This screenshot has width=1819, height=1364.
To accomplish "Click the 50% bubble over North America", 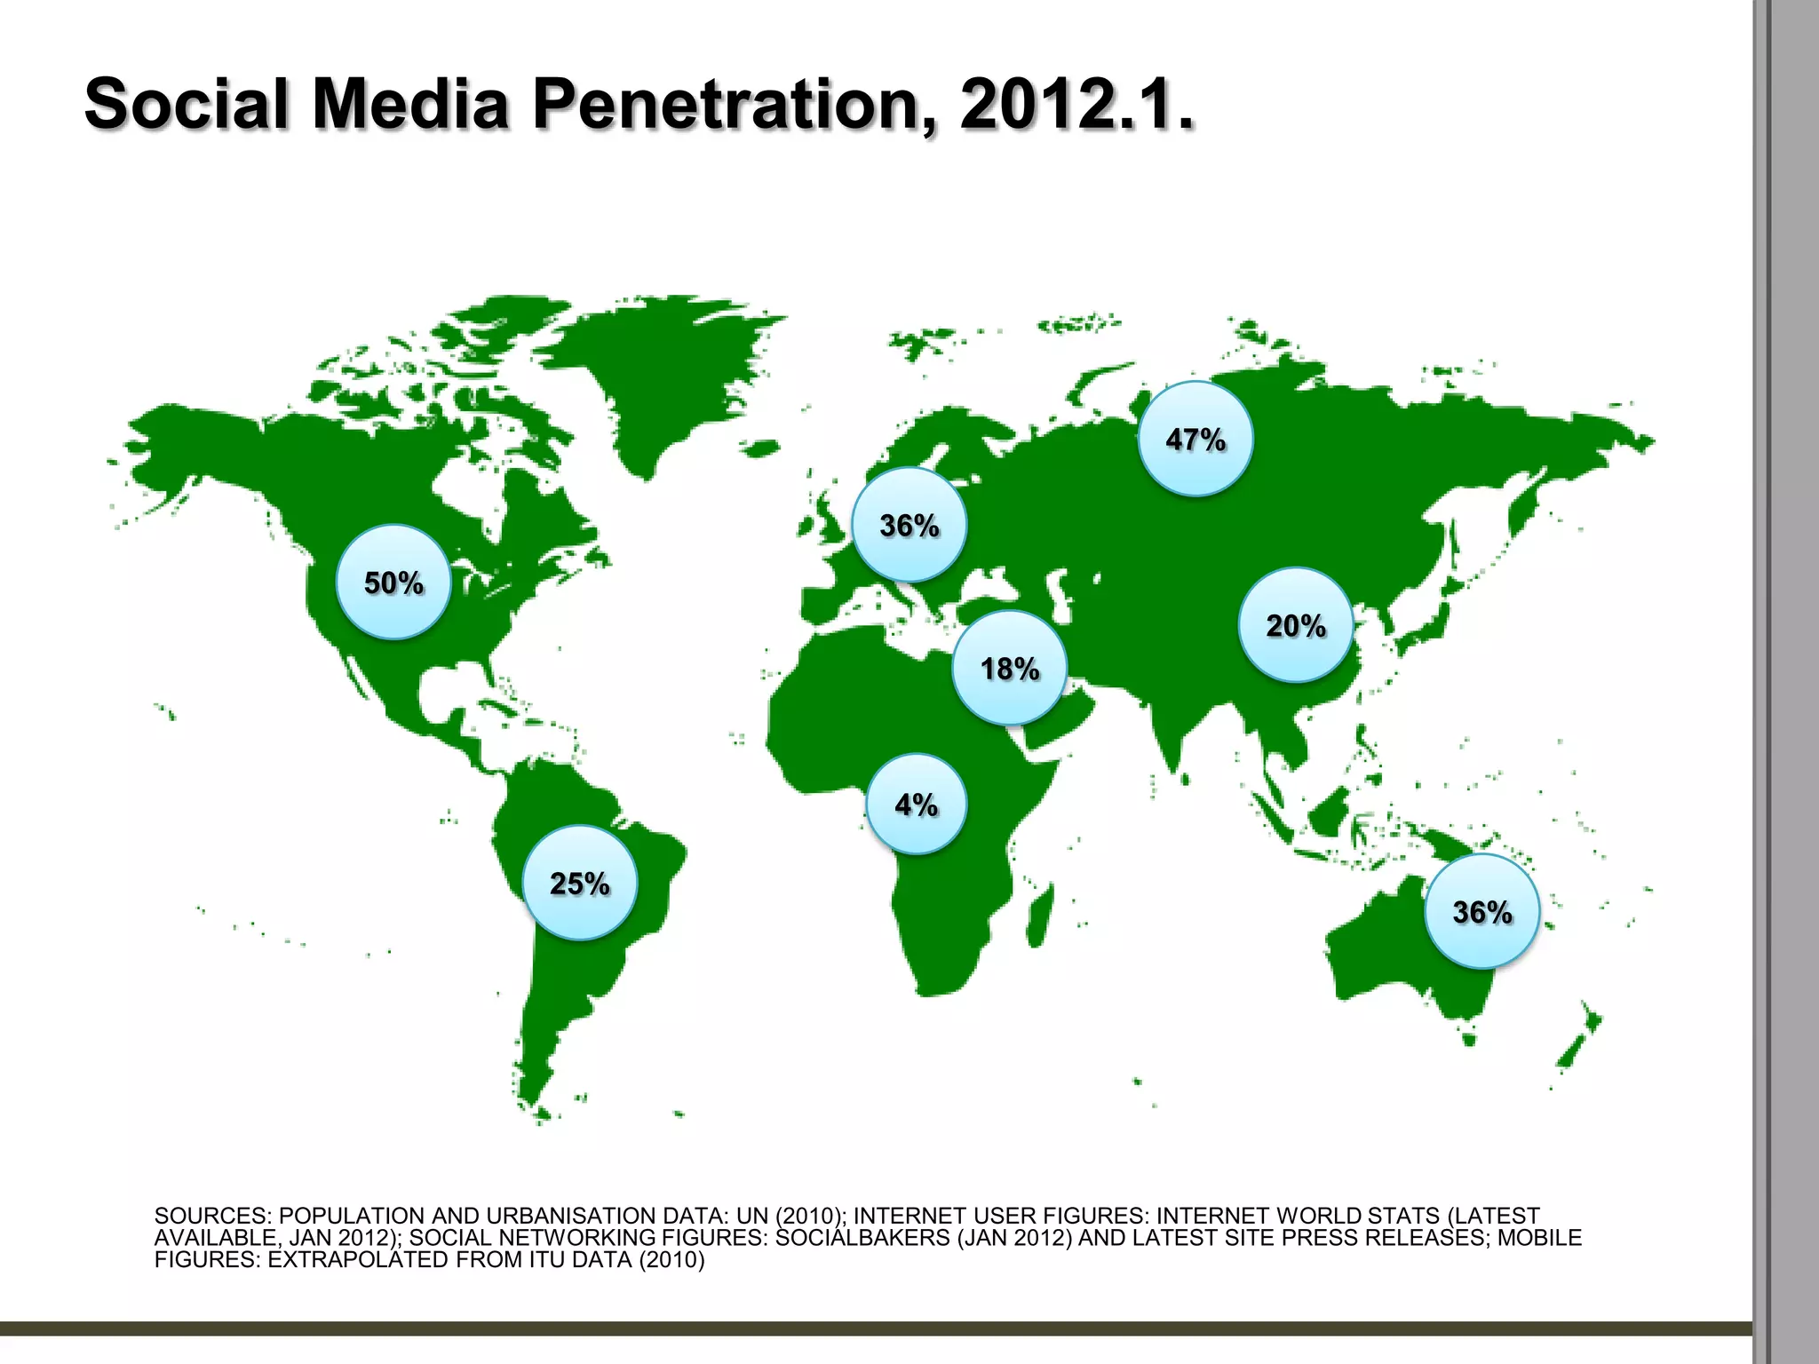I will click(393, 583).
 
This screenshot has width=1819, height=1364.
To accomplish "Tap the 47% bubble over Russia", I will click(1195, 439).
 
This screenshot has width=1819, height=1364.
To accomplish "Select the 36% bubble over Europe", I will click(909, 525).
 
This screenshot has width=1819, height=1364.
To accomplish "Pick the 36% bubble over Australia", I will click(1481, 911).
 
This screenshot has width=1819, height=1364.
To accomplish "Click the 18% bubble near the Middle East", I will click(1009, 668).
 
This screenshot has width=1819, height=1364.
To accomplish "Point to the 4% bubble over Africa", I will click(916, 805).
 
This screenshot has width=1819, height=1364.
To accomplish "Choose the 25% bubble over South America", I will click(579, 883).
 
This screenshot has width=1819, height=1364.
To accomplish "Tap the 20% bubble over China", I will click(1296, 625).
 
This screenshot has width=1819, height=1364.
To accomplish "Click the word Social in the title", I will click(187, 103).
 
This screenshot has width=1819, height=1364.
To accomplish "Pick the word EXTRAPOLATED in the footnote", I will click(358, 1260).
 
